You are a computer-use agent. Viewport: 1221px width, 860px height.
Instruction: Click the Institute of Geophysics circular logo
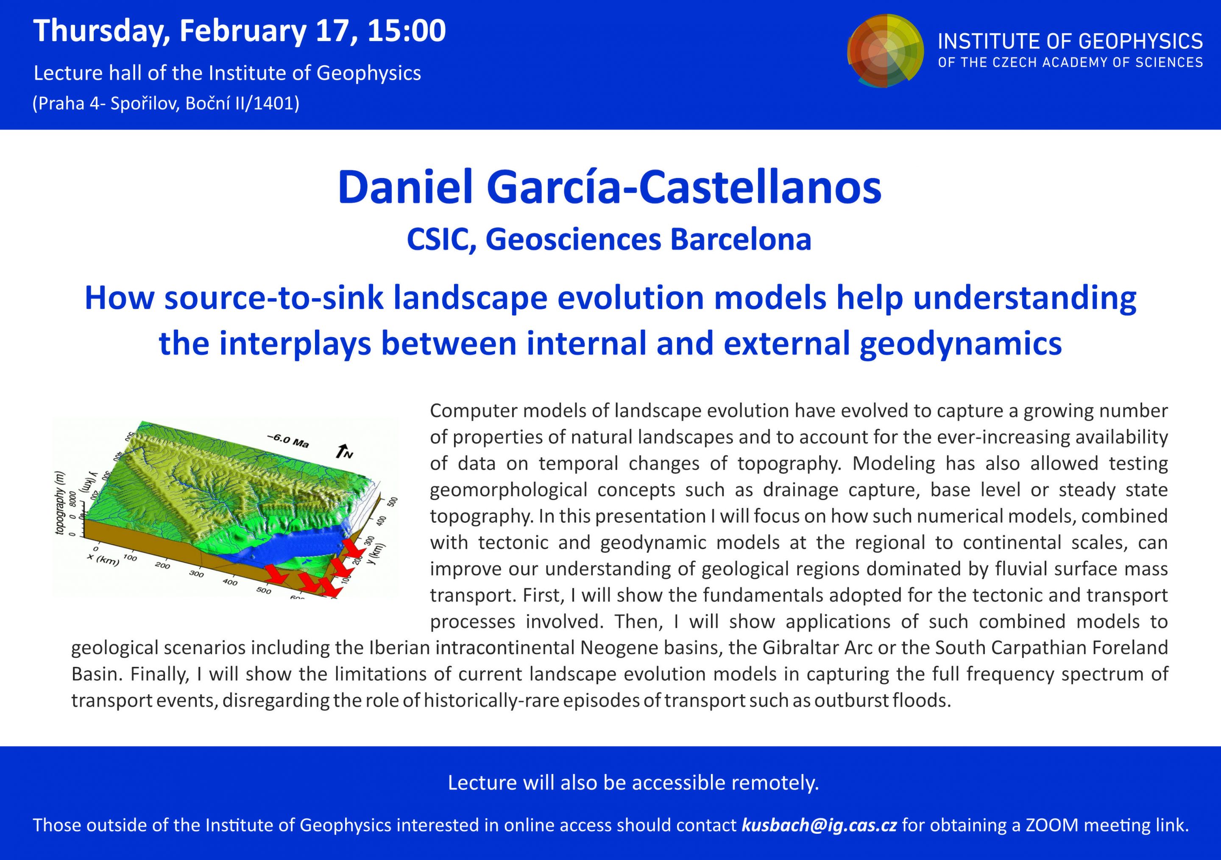coord(886,51)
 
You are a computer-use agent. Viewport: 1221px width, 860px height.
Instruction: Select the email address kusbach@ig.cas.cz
coord(819,825)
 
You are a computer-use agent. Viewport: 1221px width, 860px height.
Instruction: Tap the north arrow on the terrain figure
coord(343,451)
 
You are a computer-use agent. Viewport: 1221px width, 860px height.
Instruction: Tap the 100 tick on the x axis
coord(130,558)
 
